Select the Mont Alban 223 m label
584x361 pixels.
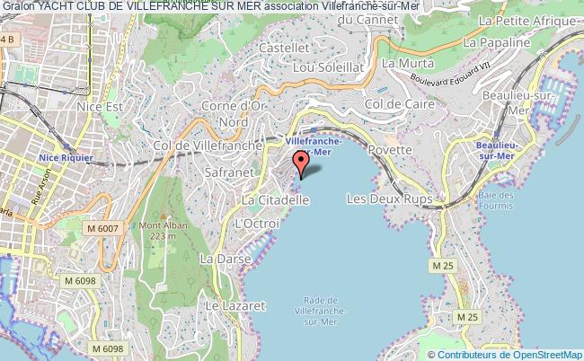click(x=150, y=231)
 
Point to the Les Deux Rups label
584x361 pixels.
click(x=389, y=198)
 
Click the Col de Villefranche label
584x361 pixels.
click(x=208, y=145)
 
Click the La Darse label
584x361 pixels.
click(x=217, y=259)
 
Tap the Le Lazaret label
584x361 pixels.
click(x=235, y=306)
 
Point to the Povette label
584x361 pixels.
click(x=389, y=149)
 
